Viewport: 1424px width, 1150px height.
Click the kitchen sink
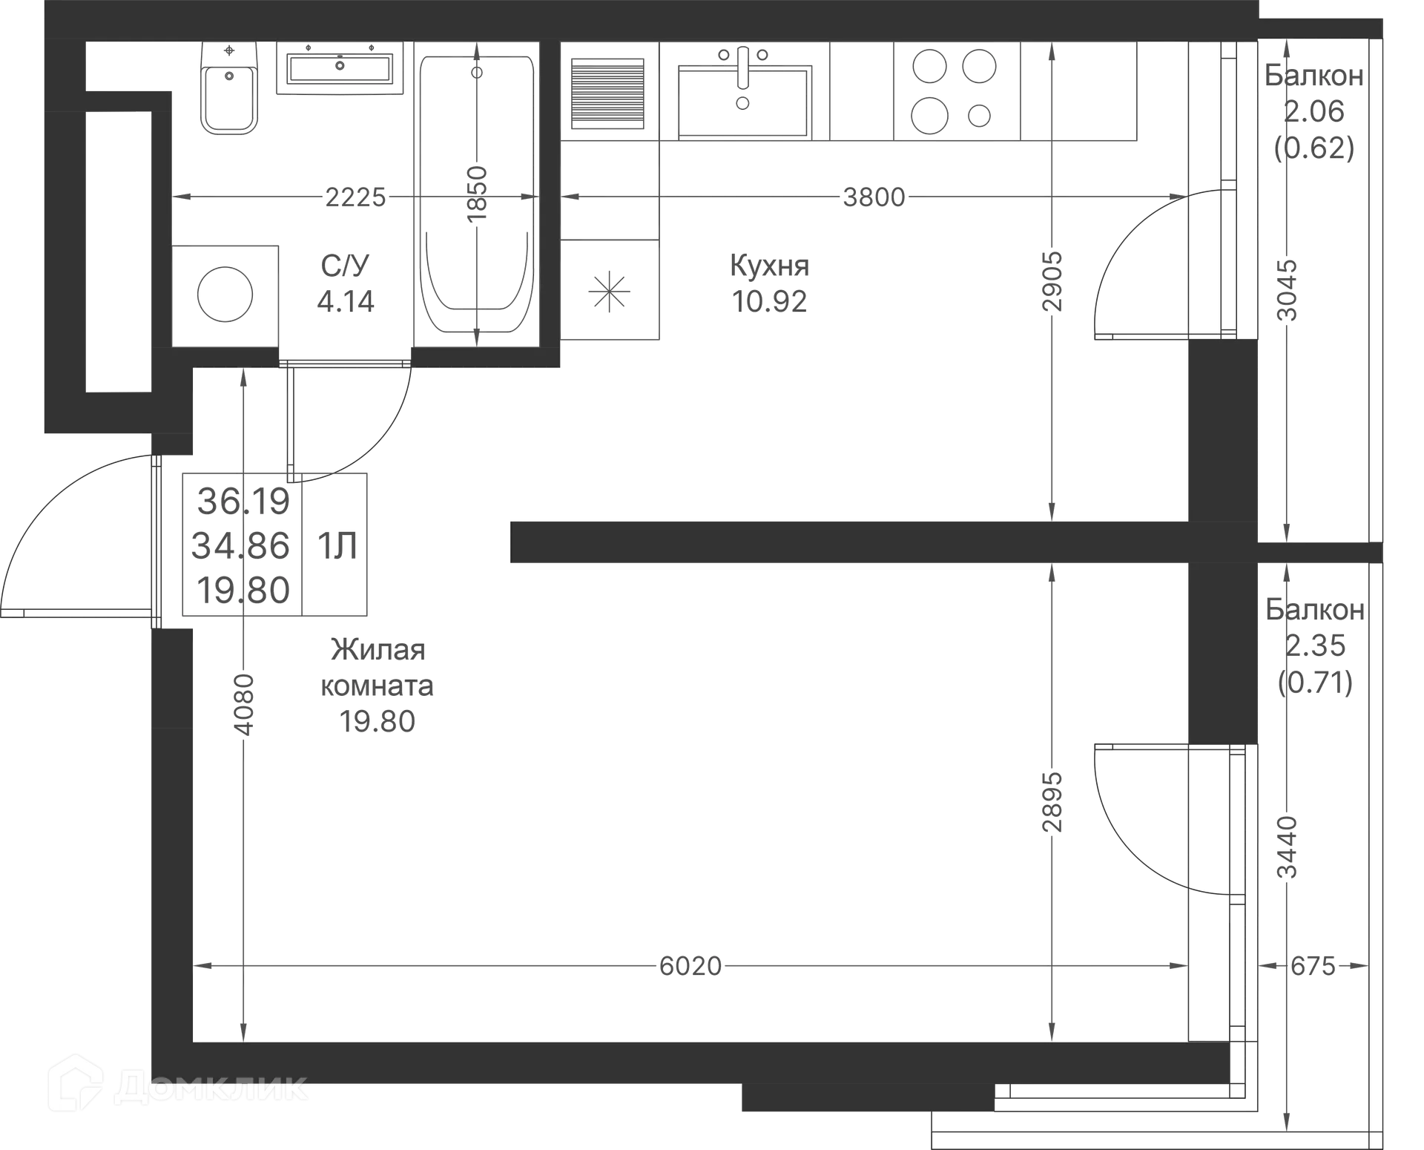pyautogui.click(x=742, y=92)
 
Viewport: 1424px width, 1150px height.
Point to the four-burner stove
pyautogui.click(x=952, y=91)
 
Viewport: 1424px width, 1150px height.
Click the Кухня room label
pyautogui.click(x=771, y=266)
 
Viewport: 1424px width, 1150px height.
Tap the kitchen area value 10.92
pyautogui.click(x=771, y=300)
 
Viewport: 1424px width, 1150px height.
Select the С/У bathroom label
pyautogui.click(x=346, y=264)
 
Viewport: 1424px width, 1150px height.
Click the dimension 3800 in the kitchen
pyautogui.click(x=875, y=197)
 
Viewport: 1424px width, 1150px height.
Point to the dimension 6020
pyautogui.click(x=690, y=966)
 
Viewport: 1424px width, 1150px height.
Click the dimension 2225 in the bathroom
pyautogui.click(x=357, y=197)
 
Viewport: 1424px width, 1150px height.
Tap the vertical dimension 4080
pyautogui.click(x=243, y=703)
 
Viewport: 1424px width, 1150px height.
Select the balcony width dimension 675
pyautogui.click(x=1312, y=966)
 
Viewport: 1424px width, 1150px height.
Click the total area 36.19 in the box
pyautogui.click(x=243, y=502)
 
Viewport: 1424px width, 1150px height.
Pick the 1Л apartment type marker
pyautogui.click(x=335, y=547)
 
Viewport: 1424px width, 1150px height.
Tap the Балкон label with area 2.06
pyautogui.click(x=1313, y=76)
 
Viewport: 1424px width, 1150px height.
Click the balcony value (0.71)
pyautogui.click(x=1315, y=683)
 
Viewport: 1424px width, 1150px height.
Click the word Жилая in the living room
pyautogui.click(x=378, y=651)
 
